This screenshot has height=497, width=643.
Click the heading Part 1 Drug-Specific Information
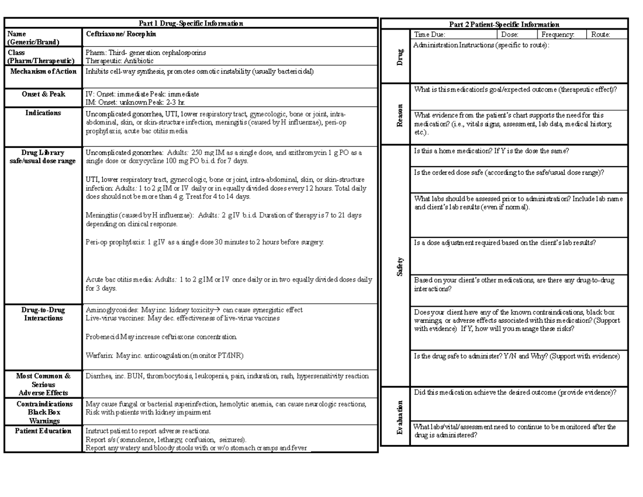pos(191,24)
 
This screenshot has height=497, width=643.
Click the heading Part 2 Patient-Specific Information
pos(504,25)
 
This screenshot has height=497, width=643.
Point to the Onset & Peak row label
pos(43,94)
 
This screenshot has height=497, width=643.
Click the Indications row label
pos(43,113)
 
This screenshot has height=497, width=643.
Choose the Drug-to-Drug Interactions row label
pos(43,314)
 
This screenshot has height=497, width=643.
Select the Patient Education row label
pos(43,431)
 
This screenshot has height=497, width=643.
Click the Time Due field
pos(429,34)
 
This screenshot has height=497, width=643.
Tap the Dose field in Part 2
pos(510,34)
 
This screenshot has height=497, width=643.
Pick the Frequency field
pos(558,34)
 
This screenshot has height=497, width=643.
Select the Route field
pos(601,34)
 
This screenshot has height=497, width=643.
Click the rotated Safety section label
pos(399,266)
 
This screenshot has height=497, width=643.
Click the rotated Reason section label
pos(399,115)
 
